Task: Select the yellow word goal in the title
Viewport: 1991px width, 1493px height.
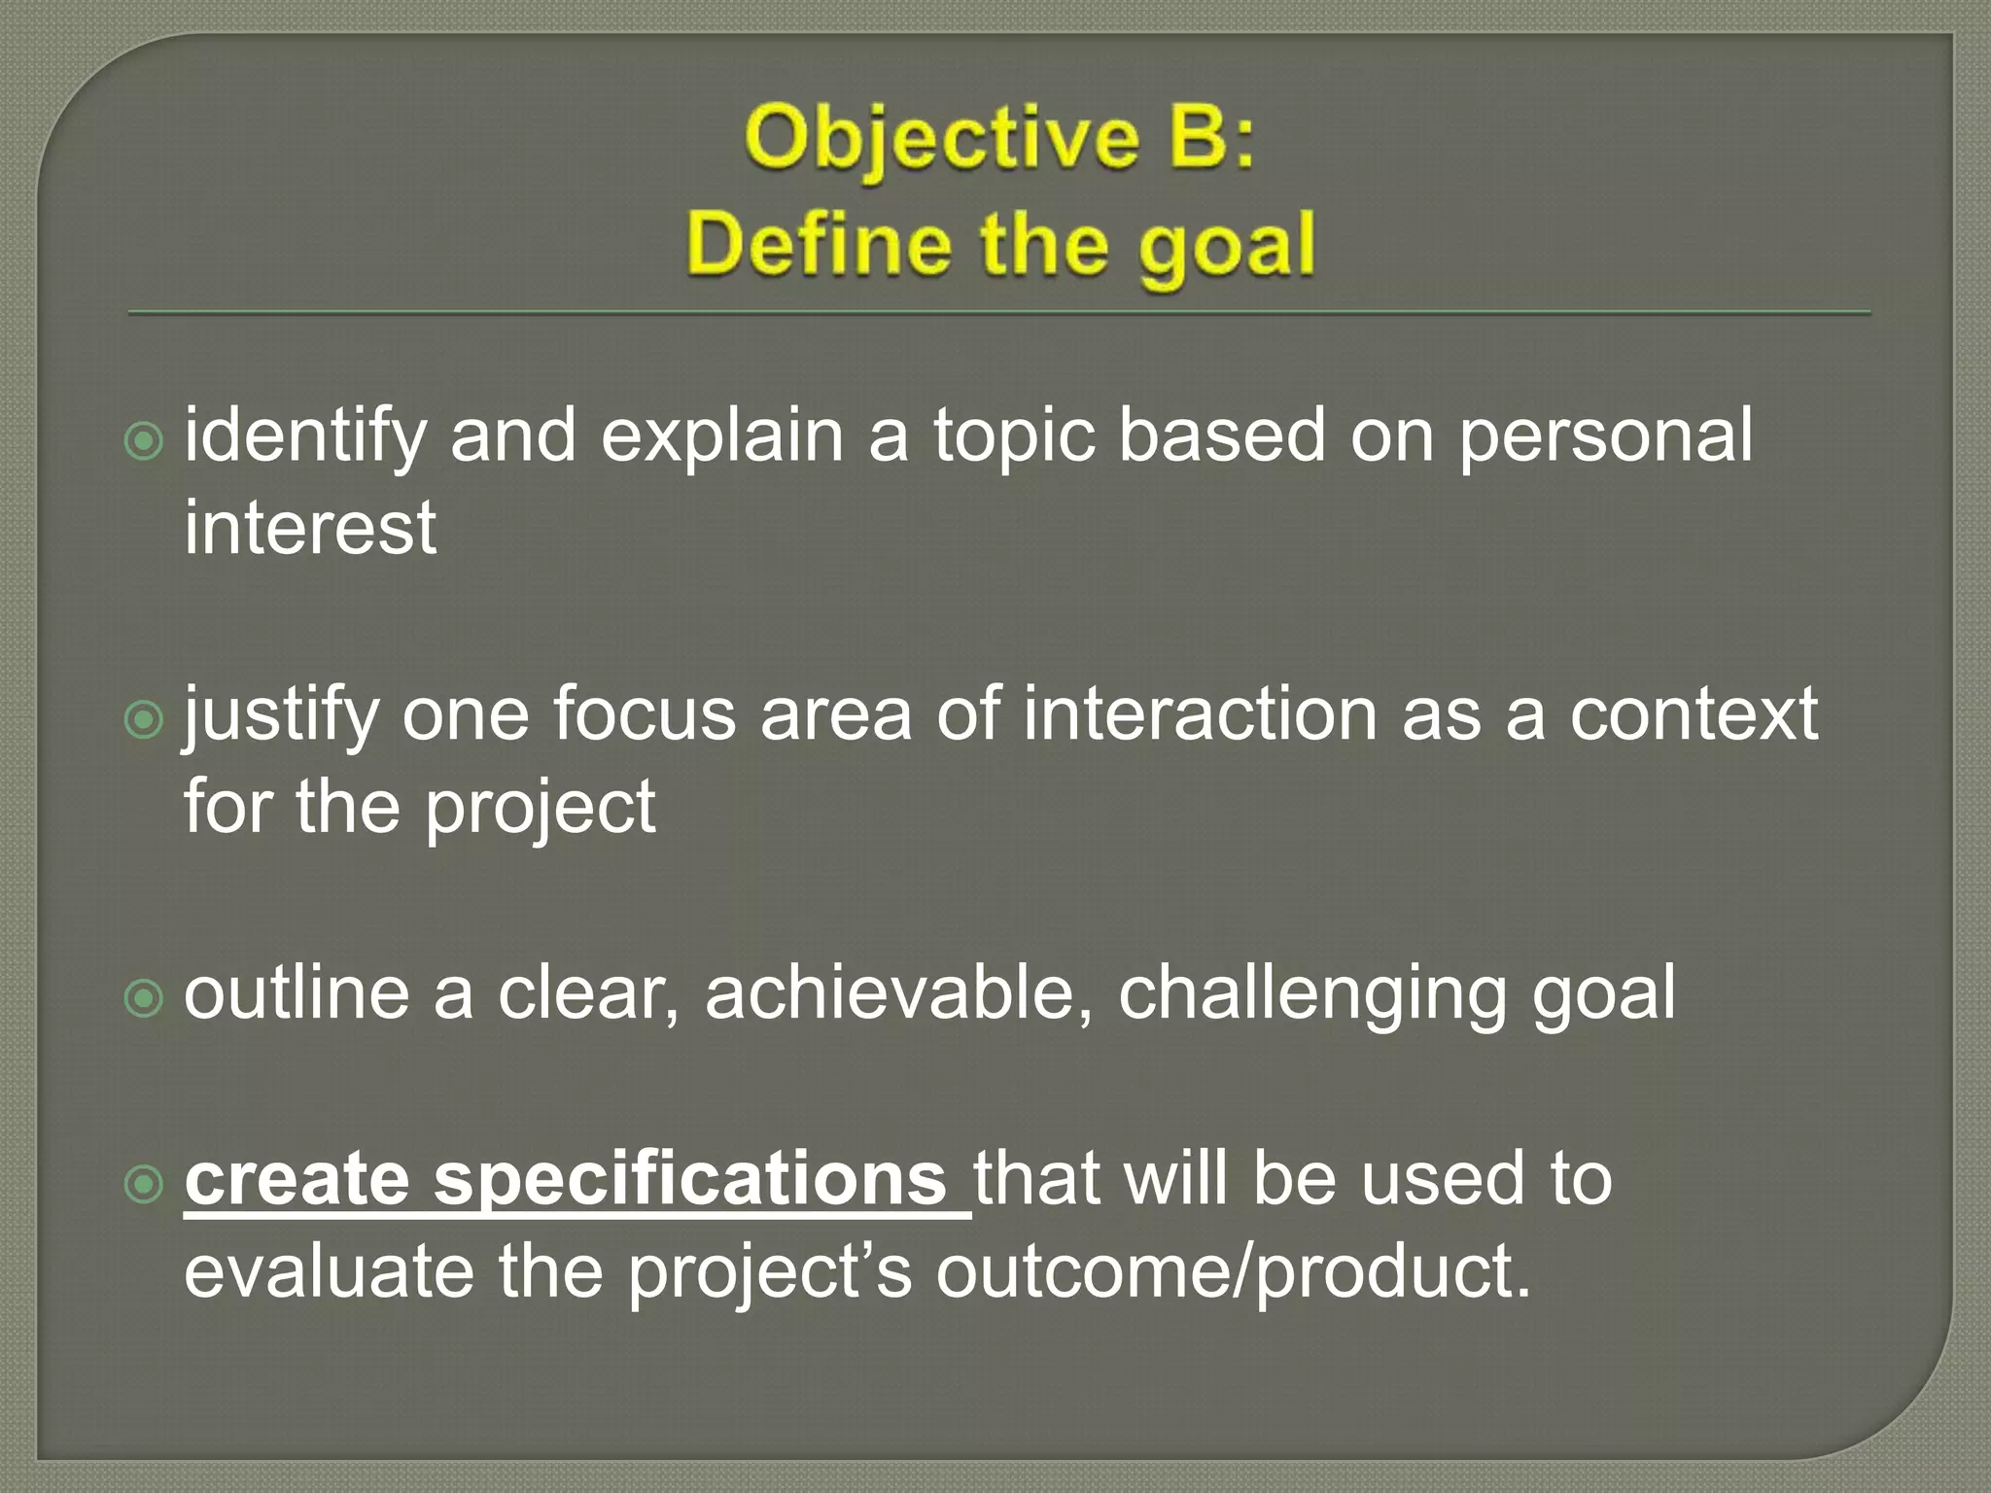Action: [1227, 248]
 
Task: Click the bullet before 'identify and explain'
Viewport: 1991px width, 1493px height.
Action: [145, 442]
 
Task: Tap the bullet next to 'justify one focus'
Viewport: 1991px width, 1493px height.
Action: [145, 720]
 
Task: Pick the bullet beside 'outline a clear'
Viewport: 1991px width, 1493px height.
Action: [145, 998]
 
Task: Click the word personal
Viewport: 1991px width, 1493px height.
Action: [1605, 434]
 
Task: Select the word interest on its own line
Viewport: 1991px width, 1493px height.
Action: [310, 528]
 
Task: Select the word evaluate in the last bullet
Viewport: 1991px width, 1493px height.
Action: [329, 1271]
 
